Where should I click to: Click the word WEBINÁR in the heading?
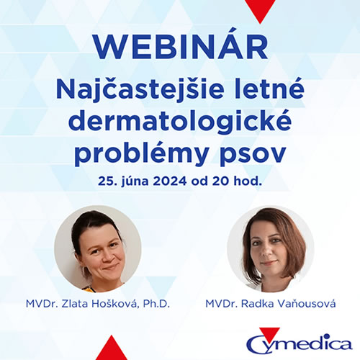[181, 45]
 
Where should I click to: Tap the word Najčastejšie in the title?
[140, 90]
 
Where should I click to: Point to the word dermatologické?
[180, 122]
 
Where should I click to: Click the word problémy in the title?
[141, 153]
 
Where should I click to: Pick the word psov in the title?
[253, 155]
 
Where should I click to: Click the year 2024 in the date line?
[170, 181]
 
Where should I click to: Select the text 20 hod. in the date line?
[237, 181]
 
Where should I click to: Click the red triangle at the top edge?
[260, 9]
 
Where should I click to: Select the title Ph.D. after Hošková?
[156, 304]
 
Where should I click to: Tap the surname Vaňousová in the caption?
[307, 304]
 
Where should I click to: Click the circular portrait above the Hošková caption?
[98, 249]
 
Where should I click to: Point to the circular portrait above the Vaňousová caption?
[271, 249]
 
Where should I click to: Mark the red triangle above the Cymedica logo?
[269, 333]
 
